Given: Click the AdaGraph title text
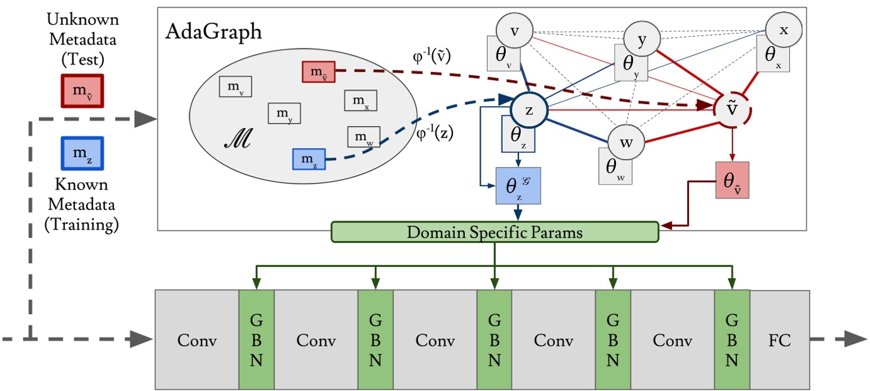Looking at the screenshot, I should coord(214,32).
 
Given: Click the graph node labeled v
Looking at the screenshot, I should coord(515,30).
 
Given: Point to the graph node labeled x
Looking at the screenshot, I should coord(783,30).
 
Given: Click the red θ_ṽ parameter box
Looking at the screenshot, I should coord(733,180).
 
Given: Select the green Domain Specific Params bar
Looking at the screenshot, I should coord(495,232).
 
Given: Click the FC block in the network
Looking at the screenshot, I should coord(779,340).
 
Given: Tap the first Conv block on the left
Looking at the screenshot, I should coord(197,340).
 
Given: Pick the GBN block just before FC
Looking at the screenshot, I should coord(731,340).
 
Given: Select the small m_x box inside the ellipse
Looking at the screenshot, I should coord(360,100).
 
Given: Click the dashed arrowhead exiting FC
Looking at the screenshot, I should coord(854,340).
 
